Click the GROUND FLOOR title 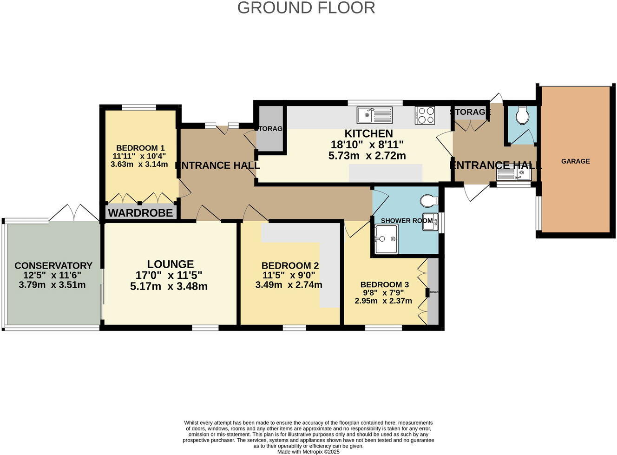(x=306, y=8)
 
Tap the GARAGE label (x=575, y=161)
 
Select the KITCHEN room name (x=368, y=133)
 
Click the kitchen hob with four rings (x=425, y=115)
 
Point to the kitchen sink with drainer (x=374, y=114)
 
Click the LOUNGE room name (x=171, y=264)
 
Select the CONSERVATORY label (x=53, y=266)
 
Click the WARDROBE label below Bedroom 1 (x=140, y=213)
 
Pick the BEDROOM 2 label (x=290, y=266)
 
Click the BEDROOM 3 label (x=385, y=284)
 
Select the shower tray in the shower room (x=386, y=239)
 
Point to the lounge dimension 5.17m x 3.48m (x=169, y=286)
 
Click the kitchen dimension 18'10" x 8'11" (x=367, y=145)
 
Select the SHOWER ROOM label (x=407, y=220)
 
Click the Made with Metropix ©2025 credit (x=308, y=451)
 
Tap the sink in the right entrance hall (x=514, y=174)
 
